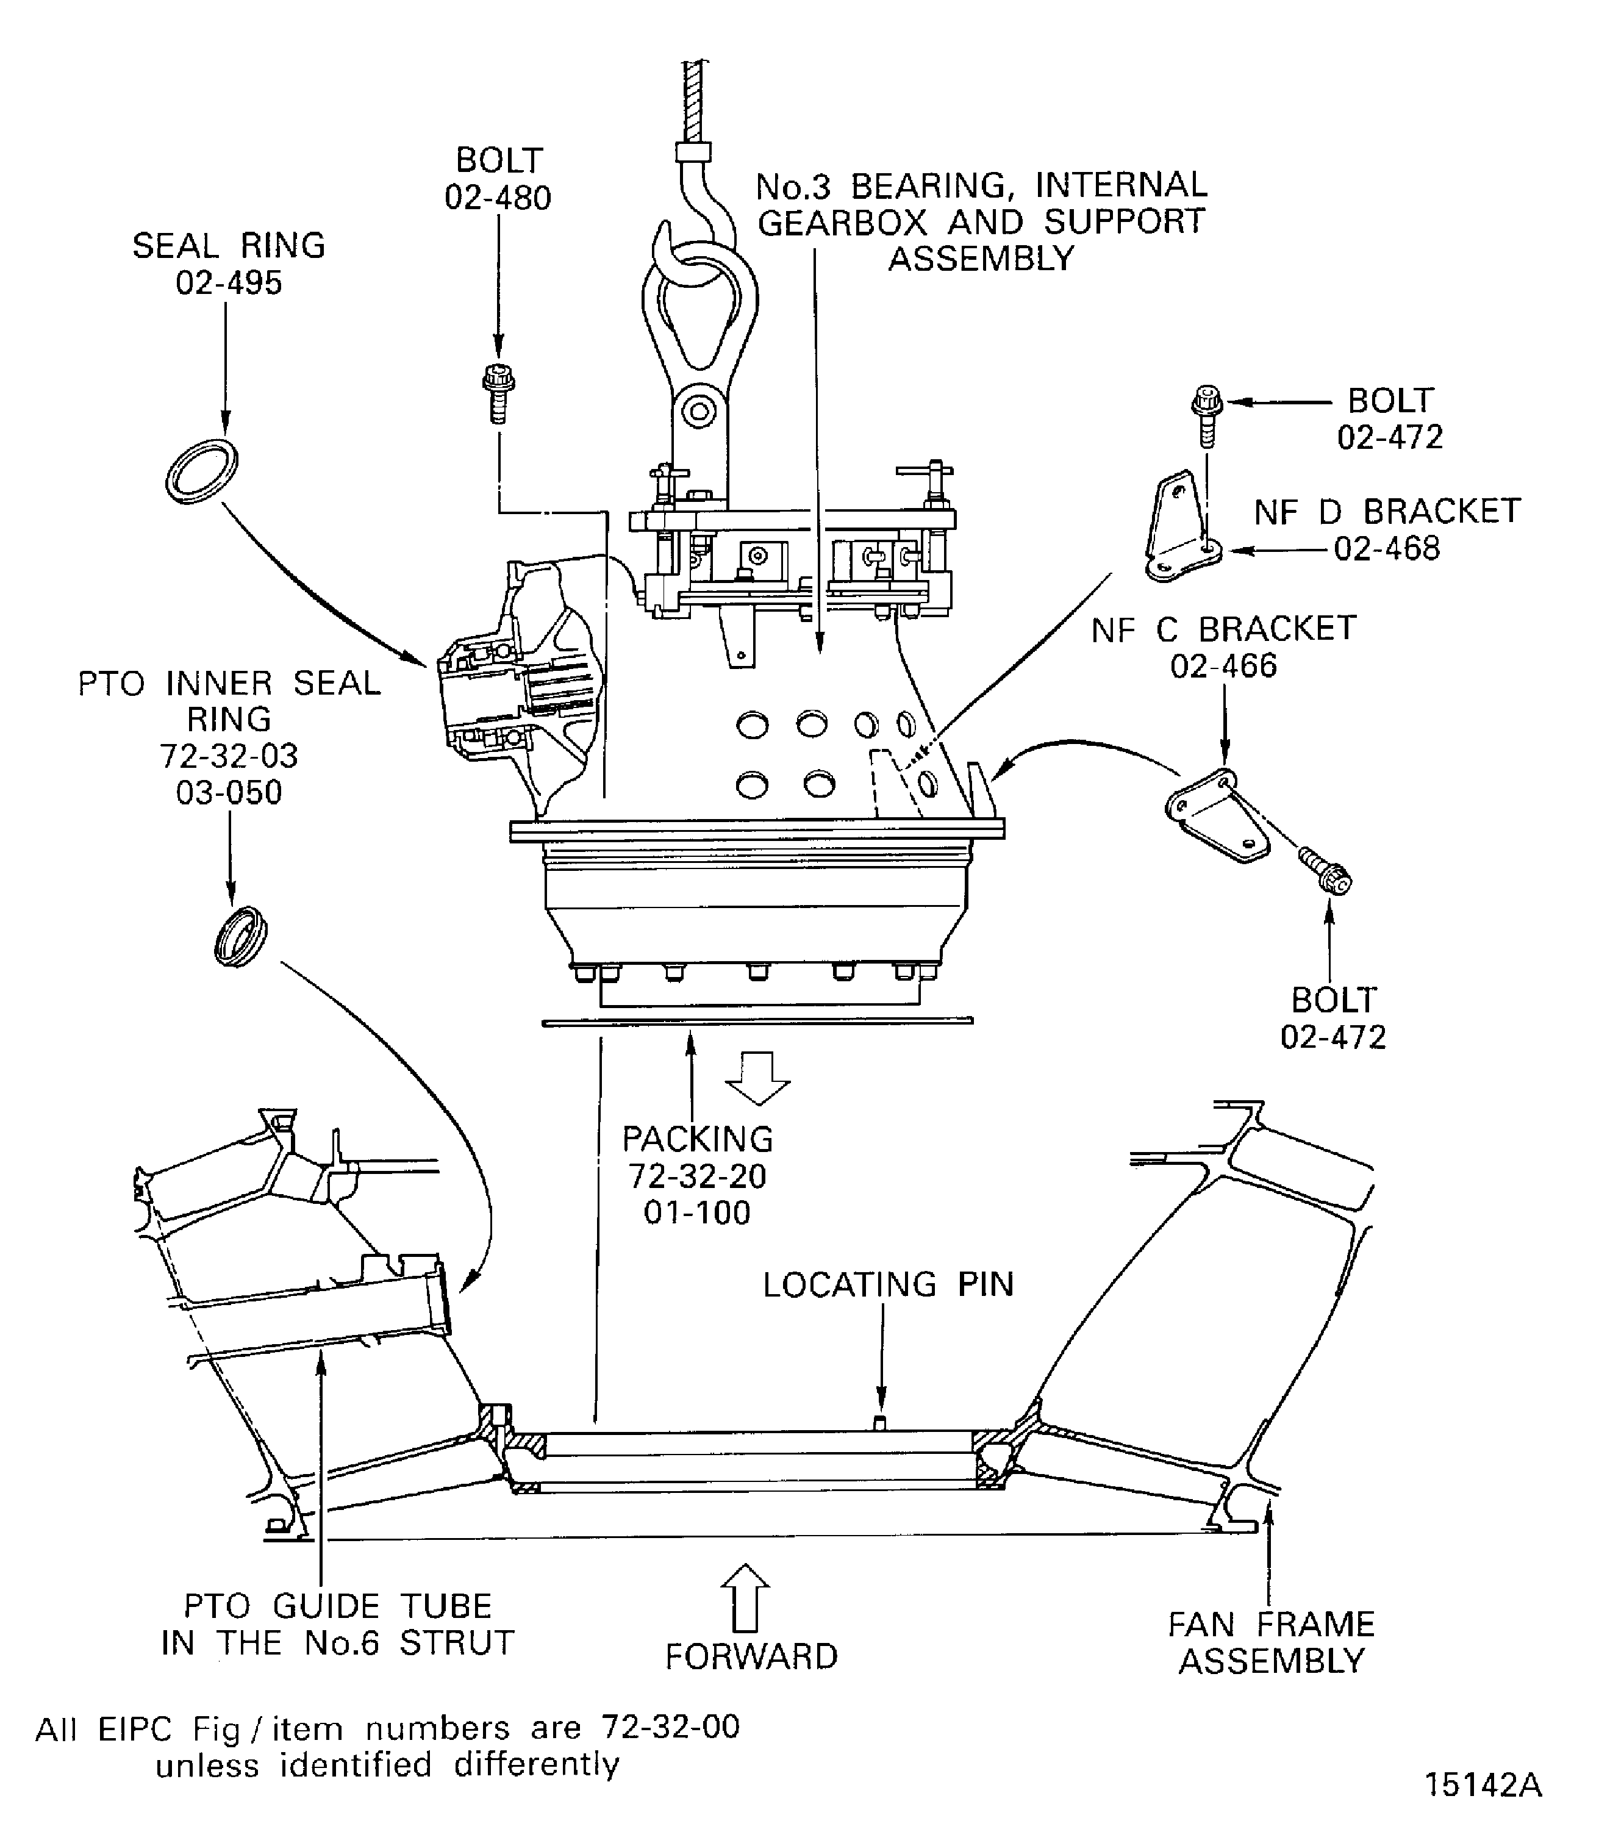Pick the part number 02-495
point(229,283)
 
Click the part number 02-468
point(1387,548)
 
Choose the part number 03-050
point(229,793)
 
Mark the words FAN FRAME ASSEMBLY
point(1272,1642)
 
